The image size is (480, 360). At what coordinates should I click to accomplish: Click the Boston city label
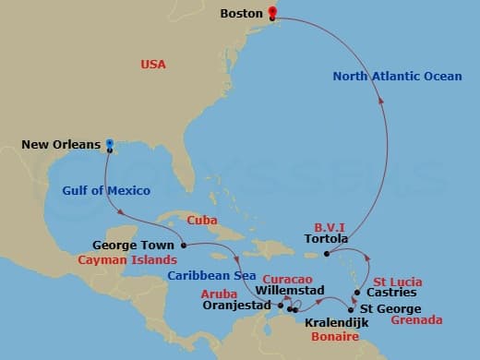(x=244, y=14)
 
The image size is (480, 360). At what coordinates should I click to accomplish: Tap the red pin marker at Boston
(x=272, y=13)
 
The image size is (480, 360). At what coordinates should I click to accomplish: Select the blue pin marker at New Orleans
(x=109, y=144)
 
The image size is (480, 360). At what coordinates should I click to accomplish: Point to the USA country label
(x=153, y=65)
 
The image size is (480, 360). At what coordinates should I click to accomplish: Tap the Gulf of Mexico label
(x=106, y=191)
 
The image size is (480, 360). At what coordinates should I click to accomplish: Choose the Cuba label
(x=202, y=221)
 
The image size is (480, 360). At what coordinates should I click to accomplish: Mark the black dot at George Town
(x=184, y=246)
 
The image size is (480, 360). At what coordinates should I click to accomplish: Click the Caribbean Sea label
(x=211, y=275)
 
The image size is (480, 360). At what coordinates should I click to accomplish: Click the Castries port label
(x=390, y=293)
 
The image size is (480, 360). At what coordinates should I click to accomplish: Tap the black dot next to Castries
(x=356, y=292)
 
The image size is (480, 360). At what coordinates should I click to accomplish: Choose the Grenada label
(x=416, y=323)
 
